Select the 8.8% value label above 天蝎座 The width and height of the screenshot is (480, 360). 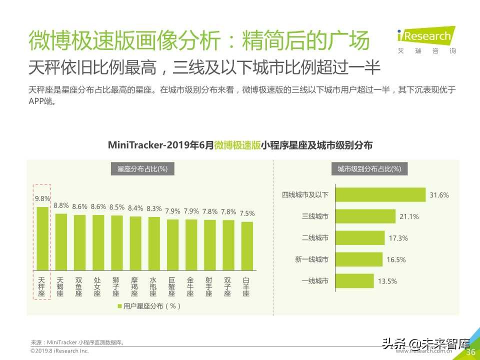tap(61, 205)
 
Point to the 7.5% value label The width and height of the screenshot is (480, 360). tap(247, 213)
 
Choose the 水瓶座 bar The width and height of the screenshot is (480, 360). tap(154, 244)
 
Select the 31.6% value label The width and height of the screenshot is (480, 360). tap(439, 195)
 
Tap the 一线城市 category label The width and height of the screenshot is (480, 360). tap(315, 281)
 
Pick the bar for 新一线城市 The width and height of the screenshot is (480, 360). tap(359, 259)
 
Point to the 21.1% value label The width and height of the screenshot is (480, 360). tap(409, 217)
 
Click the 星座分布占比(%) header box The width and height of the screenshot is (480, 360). tap(142, 169)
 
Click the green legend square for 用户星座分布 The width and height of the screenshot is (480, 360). tap(119, 306)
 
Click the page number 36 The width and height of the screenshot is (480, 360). tap(470, 352)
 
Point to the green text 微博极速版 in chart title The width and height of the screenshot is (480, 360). tap(237, 145)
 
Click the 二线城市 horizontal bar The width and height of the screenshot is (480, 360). tap(359, 238)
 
